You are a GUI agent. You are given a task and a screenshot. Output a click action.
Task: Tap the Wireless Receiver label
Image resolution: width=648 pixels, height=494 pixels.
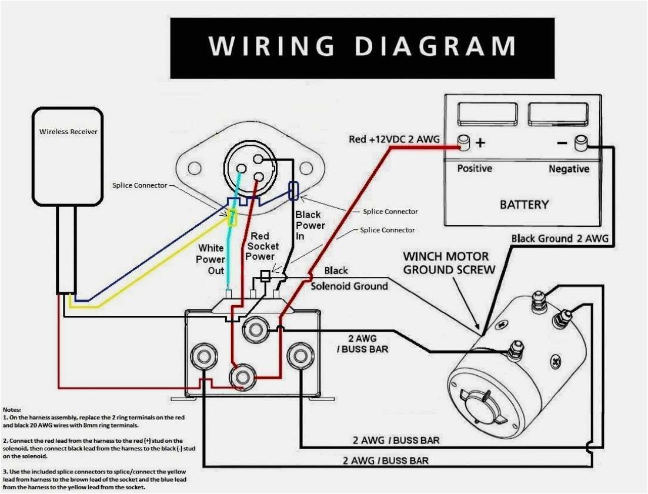pyautogui.click(x=68, y=132)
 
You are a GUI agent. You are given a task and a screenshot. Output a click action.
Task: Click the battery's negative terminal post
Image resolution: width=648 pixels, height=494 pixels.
pyautogui.click(x=582, y=142)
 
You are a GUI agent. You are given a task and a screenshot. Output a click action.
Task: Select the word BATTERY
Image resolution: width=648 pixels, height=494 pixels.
pyautogui.click(x=523, y=205)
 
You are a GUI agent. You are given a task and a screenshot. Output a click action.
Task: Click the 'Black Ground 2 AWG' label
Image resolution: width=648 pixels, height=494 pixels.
pyautogui.click(x=559, y=239)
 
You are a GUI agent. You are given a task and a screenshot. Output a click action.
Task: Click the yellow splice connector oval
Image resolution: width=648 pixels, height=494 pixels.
pyautogui.click(x=233, y=219)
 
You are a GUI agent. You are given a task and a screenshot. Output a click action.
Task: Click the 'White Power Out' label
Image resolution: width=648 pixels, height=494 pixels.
pyautogui.click(x=211, y=259)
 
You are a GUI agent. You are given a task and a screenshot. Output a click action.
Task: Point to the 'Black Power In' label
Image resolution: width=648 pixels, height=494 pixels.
pyautogui.click(x=310, y=225)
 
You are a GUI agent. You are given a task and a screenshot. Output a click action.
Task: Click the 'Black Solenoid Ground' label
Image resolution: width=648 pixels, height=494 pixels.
pyautogui.click(x=349, y=279)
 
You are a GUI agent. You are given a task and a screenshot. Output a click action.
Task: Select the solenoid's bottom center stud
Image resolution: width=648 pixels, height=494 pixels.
pyautogui.click(x=242, y=377)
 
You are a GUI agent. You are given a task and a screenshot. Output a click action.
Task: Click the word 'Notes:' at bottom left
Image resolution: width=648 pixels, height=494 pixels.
pyautogui.click(x=12, y=409)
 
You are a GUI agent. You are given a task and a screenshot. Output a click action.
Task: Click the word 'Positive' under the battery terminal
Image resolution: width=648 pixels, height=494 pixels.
pyautogui.click(x=475, y=169)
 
